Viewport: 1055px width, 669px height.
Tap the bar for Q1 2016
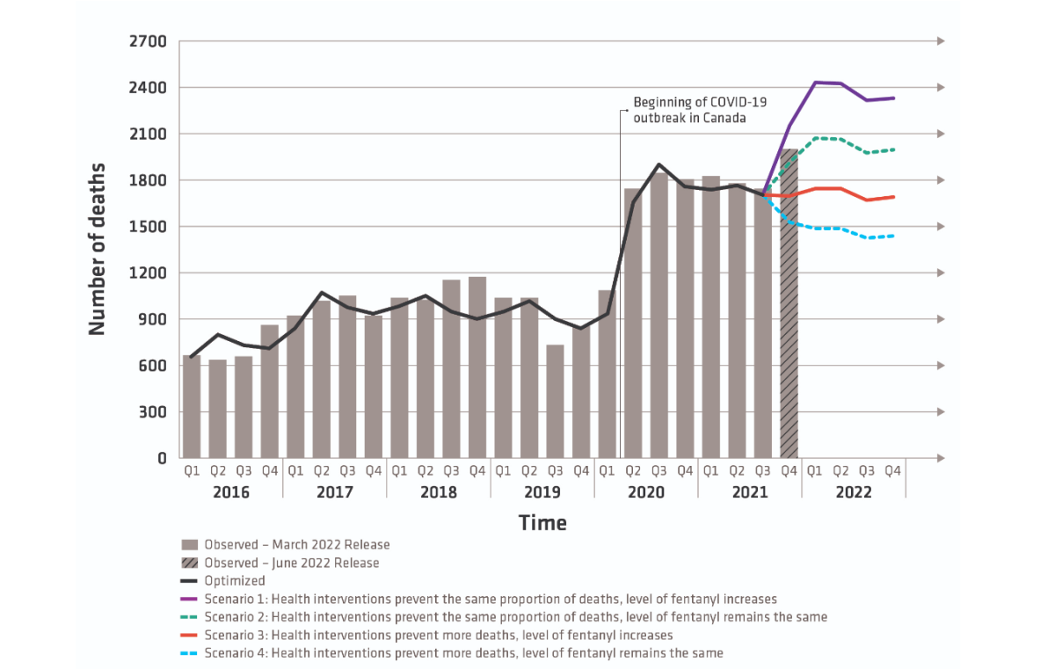(x=192, y=406)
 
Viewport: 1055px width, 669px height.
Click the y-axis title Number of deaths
(x=97, y=249)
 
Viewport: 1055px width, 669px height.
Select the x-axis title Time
(x=542, y=523)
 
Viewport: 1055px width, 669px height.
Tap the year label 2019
(x=542, y=492)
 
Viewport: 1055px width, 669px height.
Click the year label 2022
(x=853, y=492)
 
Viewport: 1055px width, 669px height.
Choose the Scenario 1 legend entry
(x=491, y=599)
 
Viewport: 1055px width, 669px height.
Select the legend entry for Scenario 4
(x=463, y=653)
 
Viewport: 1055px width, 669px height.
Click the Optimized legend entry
(x=235, y=580)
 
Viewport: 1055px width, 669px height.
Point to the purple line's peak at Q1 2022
(x=815, y=83)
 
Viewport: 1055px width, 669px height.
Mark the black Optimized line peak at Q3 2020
(x=658, y=164)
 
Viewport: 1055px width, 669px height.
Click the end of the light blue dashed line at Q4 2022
(x=893, y=236)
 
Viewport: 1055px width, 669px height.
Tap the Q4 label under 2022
(x=892, y=471)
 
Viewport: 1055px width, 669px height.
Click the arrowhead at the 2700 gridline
(x=941, y=41)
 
